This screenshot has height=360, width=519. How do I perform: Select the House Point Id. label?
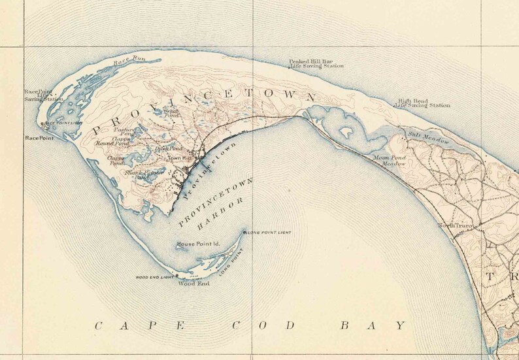point(199,244)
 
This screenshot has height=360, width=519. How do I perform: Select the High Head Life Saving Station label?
point(424,103)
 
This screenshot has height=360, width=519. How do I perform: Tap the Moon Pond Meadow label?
point(390,161)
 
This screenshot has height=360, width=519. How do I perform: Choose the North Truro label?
point(455,226)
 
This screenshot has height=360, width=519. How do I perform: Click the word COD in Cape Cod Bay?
point(260,325)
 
